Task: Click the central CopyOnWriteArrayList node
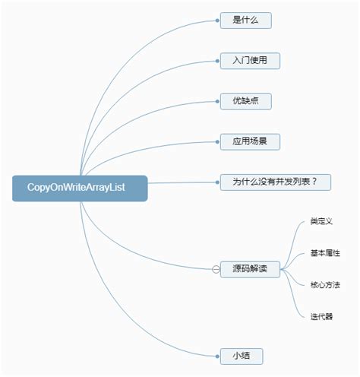tap(80, 188)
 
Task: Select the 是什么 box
tap(245, 21)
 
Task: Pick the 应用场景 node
tap(245, 141)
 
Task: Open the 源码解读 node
tap(250, 269)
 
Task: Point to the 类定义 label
tap(321, 221)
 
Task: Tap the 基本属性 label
tap(325, 253)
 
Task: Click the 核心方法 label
tap(325, 285)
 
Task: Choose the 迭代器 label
tap(321, 316)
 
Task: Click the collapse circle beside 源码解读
tap(216, 269)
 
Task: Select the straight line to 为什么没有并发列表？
tap(182, 182)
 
